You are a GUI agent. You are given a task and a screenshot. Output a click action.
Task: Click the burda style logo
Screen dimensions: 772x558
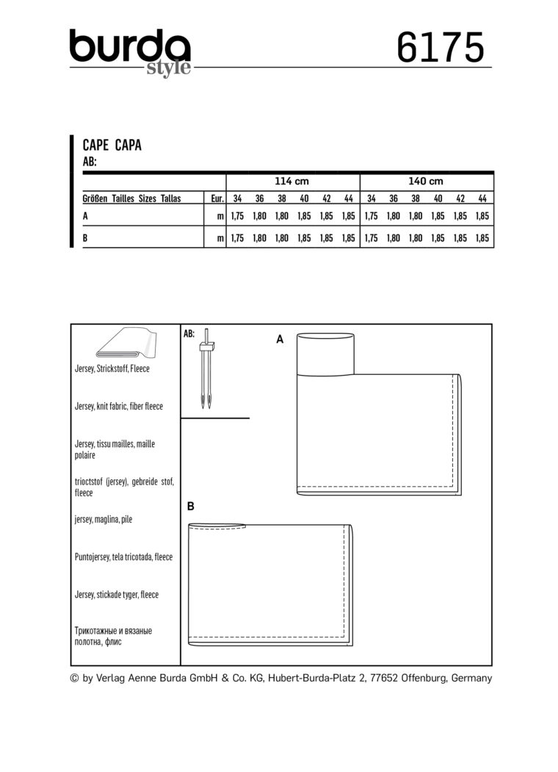pos(130,51)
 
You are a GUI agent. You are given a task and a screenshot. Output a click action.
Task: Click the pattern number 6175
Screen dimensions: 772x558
pos(440,49)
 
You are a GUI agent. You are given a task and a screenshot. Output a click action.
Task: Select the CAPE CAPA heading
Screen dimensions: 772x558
pos(112,146)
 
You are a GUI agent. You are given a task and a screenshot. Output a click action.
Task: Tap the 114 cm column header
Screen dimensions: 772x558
pos(293,181)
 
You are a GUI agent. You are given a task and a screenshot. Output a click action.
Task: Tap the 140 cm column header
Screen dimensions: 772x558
pos(426,181)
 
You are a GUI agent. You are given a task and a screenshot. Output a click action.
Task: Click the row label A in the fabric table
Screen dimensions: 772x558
pos(87,217)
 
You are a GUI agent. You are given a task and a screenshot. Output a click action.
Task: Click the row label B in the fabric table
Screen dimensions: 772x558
pos(87,238)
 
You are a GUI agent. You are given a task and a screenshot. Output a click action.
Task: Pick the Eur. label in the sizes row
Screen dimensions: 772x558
pos(217,199)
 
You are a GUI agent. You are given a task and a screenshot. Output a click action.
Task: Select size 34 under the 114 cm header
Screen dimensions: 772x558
pos(237,199)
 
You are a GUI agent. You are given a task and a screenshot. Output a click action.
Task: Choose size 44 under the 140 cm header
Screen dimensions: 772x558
pos(482,199)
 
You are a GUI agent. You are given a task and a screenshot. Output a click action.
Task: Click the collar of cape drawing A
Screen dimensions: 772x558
pos(325,353)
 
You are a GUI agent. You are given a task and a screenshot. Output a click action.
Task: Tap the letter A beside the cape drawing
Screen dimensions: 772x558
pos(279,339)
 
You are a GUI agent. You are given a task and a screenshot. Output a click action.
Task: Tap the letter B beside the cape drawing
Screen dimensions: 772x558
pos(191,507)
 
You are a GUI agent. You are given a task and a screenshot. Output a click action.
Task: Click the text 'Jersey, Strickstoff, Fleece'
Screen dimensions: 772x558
pos(112,368)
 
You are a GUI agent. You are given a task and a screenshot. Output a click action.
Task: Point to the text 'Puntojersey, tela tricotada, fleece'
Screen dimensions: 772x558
pos(123,557)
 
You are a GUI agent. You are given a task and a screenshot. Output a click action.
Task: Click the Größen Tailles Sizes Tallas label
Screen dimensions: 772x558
pos(132,199)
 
